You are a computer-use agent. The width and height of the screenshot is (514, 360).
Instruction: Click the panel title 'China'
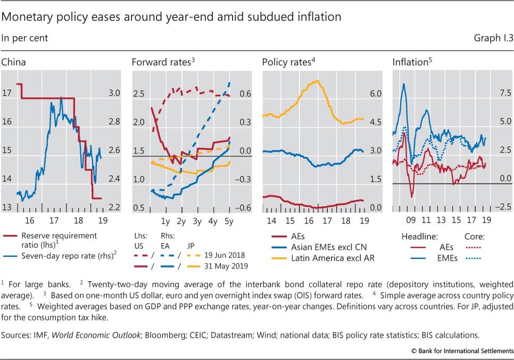point(13,63)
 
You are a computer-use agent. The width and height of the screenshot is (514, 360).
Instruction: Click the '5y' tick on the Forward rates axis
point(229,220)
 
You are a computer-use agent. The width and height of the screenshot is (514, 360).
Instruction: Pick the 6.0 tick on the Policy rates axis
point(376,94)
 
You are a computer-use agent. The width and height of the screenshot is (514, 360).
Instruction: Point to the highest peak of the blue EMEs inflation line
point(404,84)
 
